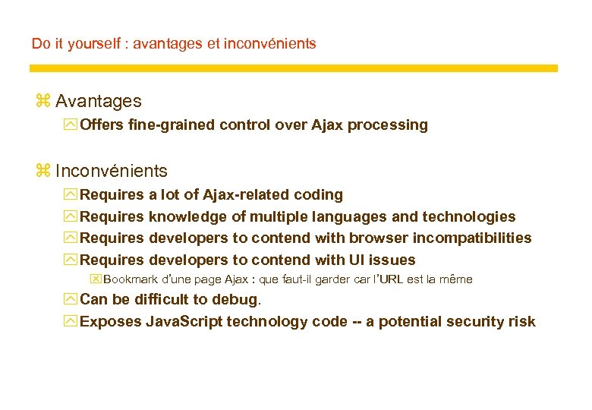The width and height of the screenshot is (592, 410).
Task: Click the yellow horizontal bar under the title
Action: click(293, 68)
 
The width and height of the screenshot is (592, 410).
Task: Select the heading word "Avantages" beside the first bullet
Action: click(98, 101)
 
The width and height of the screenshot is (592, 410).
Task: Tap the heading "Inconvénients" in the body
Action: click(112, 171)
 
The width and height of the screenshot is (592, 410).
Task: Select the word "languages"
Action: click(339, 217)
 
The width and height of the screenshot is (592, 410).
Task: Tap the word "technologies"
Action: click(468, 217)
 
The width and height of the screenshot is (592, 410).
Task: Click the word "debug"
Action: click(237, 299)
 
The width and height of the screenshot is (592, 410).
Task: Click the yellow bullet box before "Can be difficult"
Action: click(71, 299)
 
